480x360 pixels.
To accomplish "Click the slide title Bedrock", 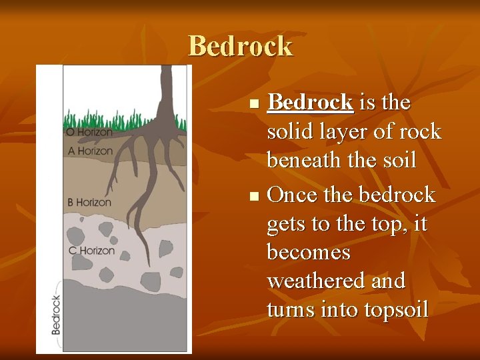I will (240, 46).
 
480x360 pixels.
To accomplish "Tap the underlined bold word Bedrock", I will (309, 103).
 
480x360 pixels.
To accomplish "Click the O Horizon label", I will (89, 133).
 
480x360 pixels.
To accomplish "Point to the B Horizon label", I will (89, 201).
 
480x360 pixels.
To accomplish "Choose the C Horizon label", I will (91, 251).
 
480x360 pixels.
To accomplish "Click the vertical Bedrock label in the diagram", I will (56, 315).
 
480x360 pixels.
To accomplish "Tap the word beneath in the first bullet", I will (308, 160).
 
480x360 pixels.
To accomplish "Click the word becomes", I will (309, 252).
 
